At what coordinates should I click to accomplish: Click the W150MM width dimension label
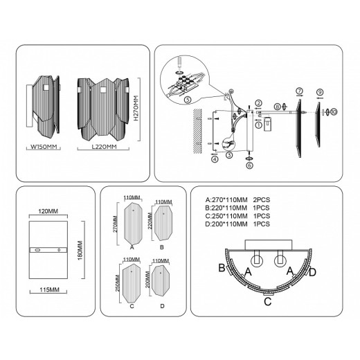pyautogui.click(x=43, y=147)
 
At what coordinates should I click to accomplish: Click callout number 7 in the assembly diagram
pyautogui.click(x=299, y=91)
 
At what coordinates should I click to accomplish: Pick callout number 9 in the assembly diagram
pyautogui.click(x=320, y=91)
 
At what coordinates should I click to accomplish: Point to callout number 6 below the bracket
pyautogui.click(x=249, y=165)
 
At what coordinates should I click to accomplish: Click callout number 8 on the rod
pyautogui.click(x=276, y=107)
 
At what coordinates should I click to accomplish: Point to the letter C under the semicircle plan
pyautogui.click(x=267, y=300)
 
